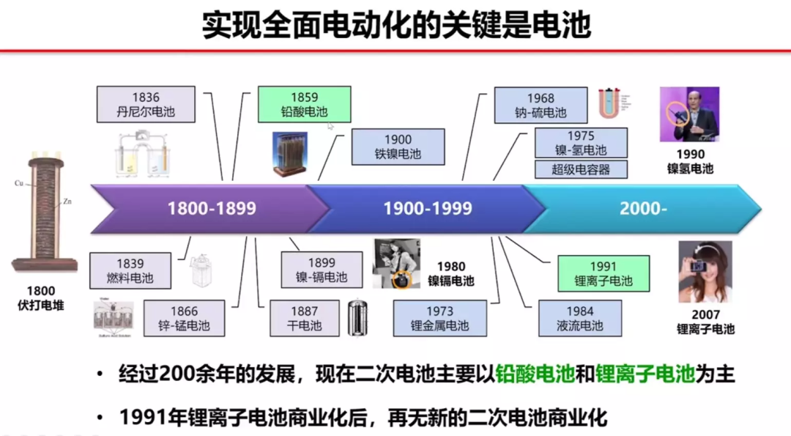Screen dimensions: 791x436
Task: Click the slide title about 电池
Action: click(x=396, y=25)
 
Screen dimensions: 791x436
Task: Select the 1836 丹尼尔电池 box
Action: click(x=146, y=105)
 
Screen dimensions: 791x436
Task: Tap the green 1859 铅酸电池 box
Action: click(x=304, y=105)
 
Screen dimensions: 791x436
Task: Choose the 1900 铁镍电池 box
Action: click(x=398, y=147)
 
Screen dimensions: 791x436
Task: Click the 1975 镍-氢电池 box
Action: click(x=581, y=143)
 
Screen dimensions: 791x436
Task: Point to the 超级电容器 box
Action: click(x=581, y=169)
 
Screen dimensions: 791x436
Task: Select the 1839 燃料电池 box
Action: click(x=130, y=270)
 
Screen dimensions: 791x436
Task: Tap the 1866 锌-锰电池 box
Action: click(x=184, y=318)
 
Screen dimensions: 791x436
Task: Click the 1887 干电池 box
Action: click(x=304, y=318)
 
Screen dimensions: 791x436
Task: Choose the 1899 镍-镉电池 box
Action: click(x=322, y=270)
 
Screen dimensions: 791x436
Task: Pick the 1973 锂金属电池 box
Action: click(x=439, y=318)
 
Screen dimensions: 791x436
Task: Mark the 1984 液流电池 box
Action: click(x=580, y=318)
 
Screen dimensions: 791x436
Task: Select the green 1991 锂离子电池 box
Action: click(x=603, y=273)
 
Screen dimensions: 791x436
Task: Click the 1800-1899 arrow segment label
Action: click(x=212, y=209)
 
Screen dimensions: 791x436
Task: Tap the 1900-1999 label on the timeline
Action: click(x=428, y=209)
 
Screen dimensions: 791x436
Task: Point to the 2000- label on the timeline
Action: click(x=643, y=209)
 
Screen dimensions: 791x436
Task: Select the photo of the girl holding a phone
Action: click(x=705, y=272)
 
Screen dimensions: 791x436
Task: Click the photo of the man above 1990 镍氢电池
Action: click(x=689, y=114)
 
